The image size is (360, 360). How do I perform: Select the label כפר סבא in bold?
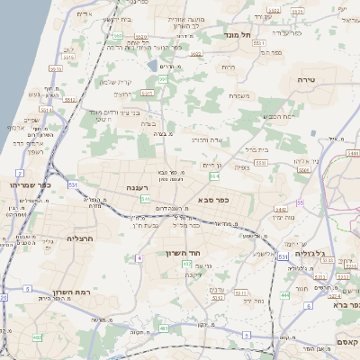tap(210, 199)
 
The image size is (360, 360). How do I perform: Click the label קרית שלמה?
tap(115, 82)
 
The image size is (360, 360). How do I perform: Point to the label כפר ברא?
tap(346, 304)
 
